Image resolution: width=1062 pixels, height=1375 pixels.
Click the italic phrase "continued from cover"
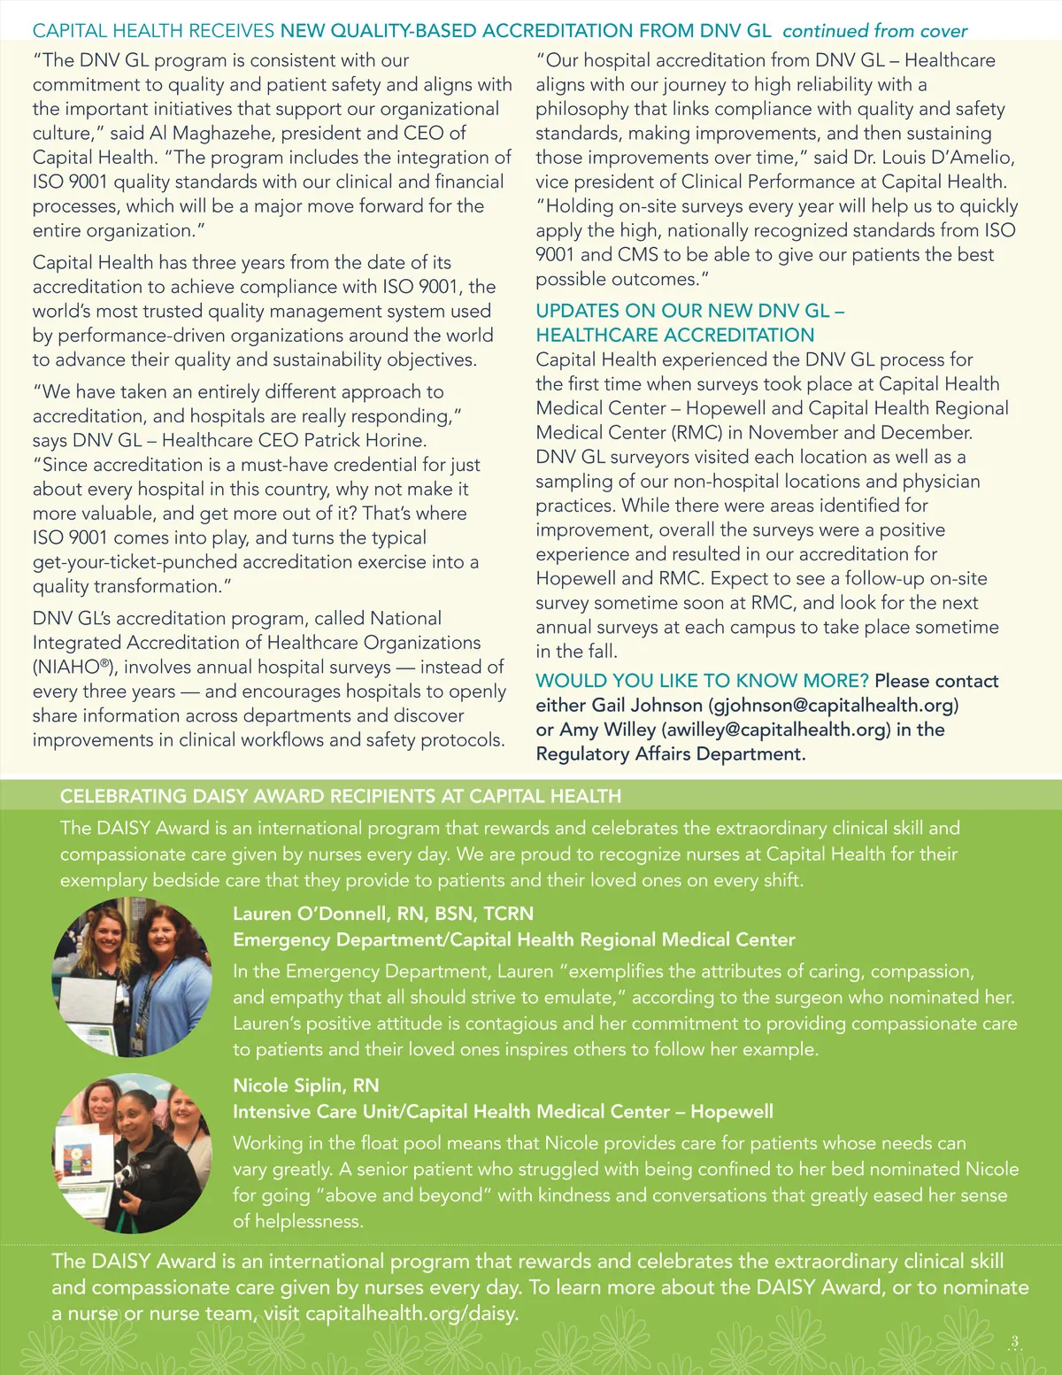874,31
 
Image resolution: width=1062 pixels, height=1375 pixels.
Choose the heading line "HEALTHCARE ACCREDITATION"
674,336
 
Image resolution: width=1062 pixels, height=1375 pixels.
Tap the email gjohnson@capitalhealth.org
835,706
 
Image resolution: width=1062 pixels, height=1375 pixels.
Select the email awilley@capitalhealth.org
775,730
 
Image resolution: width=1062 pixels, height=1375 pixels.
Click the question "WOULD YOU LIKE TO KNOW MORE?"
702,681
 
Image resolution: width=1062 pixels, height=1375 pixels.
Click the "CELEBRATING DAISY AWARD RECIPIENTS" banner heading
340,796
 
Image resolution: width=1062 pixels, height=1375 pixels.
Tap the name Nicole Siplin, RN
305,1085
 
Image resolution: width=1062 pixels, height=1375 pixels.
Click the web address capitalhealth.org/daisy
411,1313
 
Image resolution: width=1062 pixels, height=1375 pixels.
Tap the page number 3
1014,1342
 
